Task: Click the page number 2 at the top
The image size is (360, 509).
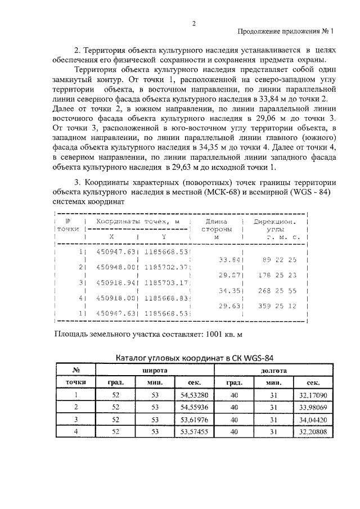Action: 193,23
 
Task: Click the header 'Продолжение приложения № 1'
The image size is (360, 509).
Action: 286,31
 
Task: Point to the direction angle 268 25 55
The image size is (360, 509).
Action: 280,291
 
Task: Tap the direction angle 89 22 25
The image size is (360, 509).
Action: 280,260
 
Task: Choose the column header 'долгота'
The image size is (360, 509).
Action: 274,371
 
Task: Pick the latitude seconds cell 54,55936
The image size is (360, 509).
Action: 194,407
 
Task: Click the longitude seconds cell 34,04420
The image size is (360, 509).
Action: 313,420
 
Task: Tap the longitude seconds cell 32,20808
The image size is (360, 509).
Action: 313,432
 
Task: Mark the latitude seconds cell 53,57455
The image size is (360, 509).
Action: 194,432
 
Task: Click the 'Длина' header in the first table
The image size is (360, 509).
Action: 216,222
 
